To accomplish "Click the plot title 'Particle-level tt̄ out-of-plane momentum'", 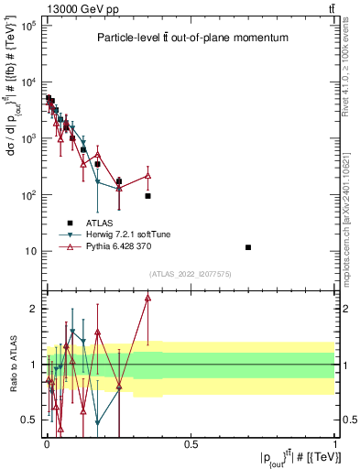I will [x=193, y=38].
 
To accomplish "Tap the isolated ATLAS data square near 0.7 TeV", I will [x=248, y=247].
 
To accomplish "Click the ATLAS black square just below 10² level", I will [x=147, y=196].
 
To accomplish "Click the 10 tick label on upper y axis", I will [x=29, y=251].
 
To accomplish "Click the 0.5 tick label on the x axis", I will [x=191, y=444].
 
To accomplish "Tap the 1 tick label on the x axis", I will [x=334, y=444].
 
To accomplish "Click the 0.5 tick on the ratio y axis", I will [x=27, y=420].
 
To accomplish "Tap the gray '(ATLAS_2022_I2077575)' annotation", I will [x=190, y=274].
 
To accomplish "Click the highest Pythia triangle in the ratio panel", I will [x=147, y=298].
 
